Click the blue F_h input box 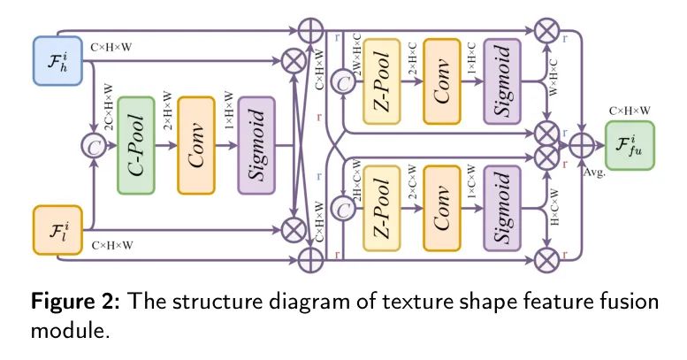coord(57,60)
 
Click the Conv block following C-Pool coord(202,142)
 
